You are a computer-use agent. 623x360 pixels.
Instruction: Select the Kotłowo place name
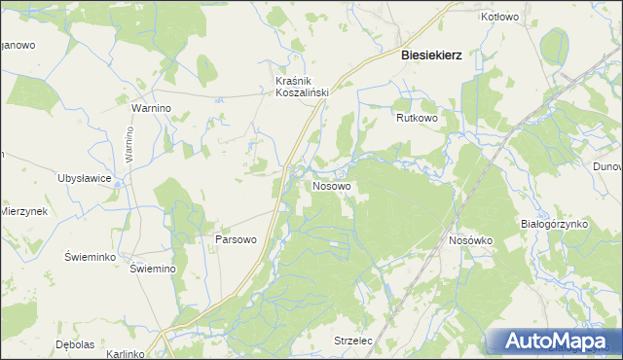[499, 18]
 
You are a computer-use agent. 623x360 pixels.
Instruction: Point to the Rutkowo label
[418, 118]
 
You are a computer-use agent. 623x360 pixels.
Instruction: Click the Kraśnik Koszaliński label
[303, 86]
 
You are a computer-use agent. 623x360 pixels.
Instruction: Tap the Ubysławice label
[86, 178]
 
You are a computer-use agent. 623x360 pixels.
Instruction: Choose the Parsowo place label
[235, 238]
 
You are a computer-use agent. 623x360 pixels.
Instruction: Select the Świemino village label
[152, 270]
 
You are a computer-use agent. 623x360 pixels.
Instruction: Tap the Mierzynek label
[24, 211]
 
